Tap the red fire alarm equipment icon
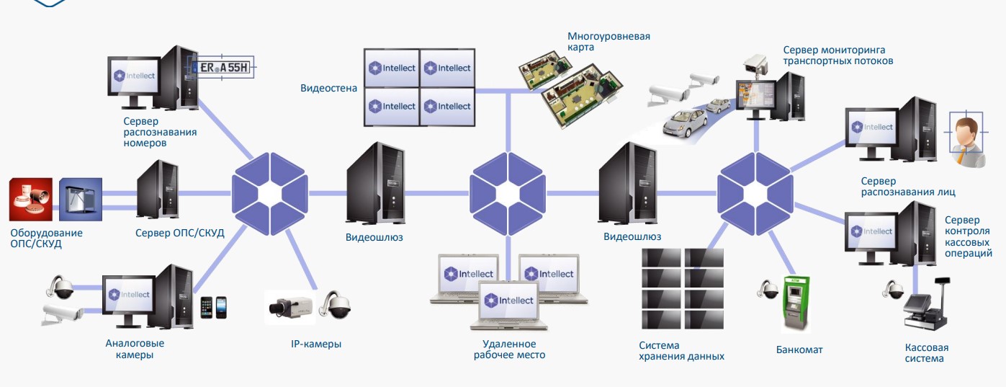[31, 199]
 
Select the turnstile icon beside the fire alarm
[80, 199]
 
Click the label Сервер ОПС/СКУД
[180, 233]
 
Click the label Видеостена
[328, 89]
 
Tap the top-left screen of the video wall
[392, 68]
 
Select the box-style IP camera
[289, 306]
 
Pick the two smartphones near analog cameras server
[214, 307]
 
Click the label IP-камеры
[311, 344]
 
